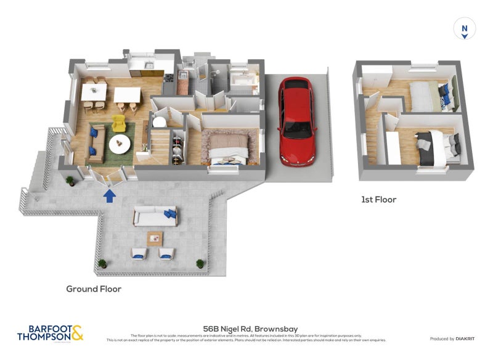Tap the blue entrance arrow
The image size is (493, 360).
109,196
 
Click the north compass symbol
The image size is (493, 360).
465,28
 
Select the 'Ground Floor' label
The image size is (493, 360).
94,288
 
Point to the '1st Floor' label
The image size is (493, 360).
378,200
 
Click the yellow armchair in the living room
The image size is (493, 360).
120,123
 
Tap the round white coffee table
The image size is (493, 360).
120,144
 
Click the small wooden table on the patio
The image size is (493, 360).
155,237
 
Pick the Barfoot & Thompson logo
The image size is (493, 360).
49,333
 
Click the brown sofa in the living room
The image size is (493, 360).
94,142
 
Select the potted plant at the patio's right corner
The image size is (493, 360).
200,263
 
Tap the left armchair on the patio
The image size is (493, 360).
138,253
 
